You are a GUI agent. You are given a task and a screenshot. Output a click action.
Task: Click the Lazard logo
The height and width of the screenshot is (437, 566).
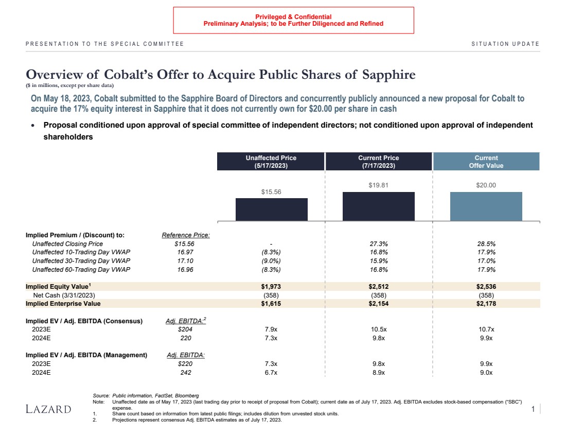[x=48, y=409]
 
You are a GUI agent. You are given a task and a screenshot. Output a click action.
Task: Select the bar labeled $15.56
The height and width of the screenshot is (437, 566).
[x=271, y=209]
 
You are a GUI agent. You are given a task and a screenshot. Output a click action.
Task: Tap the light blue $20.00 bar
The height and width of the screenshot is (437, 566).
[x=486, y=206]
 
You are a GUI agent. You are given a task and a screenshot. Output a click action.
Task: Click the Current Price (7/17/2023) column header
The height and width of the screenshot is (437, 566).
[x=378, y=162]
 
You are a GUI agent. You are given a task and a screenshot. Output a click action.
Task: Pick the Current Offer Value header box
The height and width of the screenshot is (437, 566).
[x=486, y=162]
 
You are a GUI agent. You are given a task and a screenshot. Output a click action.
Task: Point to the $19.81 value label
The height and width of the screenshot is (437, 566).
[x=378, y=185]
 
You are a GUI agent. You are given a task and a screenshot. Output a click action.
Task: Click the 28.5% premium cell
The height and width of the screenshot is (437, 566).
[x=486, y=243]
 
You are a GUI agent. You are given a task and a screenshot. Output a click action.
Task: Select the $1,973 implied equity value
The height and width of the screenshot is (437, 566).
[x=271, y=286]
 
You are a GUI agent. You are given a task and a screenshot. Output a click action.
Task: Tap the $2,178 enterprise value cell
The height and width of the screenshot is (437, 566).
[x=486, y=304]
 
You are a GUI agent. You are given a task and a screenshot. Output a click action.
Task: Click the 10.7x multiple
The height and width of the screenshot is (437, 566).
[x=486, y=329]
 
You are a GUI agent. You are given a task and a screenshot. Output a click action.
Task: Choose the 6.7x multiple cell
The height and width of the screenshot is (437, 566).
[x=271, y=372]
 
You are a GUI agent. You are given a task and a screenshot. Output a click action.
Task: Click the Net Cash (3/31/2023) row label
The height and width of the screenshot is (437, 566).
[x=64, y=295]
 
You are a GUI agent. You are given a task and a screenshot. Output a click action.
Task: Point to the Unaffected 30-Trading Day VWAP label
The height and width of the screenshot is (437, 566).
[x=81, y=261]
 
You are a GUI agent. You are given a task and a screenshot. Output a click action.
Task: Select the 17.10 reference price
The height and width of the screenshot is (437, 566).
[x=185, y=261]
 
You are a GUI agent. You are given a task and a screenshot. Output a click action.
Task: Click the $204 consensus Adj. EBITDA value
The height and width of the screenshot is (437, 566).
[x=185, y=329]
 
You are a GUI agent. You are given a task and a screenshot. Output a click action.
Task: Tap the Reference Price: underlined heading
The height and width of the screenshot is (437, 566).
[x=186, y=235]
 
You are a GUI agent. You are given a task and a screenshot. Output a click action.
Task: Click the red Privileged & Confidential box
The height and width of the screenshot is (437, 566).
[x=293, y=20]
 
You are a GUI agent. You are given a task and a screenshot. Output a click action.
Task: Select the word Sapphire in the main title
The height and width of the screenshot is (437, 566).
[x=388, y=75]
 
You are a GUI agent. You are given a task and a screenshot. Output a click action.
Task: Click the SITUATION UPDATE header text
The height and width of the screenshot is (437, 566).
[x=505, y=44]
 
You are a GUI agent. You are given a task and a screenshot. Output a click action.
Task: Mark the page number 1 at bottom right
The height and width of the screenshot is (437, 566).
[x=533, y=409]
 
